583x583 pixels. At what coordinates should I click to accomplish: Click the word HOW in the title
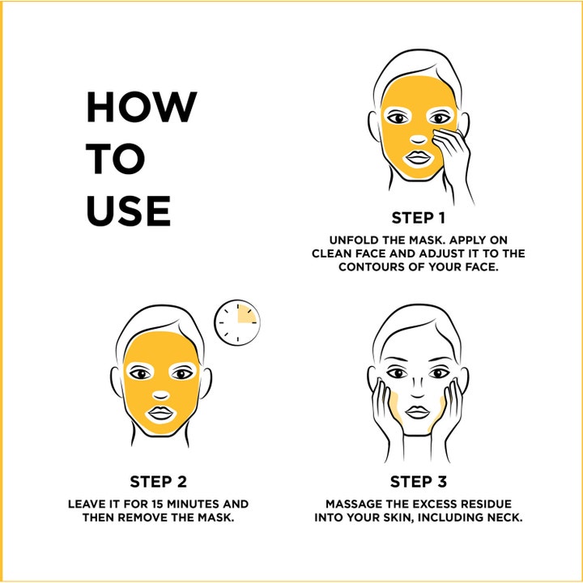(142, 107)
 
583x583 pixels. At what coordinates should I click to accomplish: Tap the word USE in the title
(129, 211)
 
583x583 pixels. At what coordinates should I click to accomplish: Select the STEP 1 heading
(419, 218)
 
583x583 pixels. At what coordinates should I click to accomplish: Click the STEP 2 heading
(159, 482)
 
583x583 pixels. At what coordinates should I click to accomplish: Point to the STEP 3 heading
(419, 482)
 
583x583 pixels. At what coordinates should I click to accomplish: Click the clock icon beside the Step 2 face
(237, 322)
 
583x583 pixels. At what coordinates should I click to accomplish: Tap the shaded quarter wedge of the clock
(246, 314)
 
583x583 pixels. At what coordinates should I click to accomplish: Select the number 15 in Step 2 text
(158, 504)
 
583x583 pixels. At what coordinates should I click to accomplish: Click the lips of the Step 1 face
(419, 158)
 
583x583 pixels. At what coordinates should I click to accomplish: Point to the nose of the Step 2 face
(161, 395)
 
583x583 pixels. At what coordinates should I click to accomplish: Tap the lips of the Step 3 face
(418, 412)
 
